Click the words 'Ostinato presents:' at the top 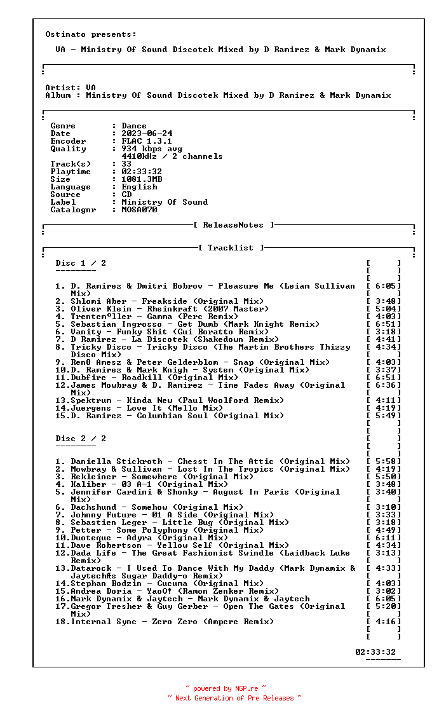(91, 34)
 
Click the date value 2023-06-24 (147, 133)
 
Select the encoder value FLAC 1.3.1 (147, 141)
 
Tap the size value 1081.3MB (142, 179)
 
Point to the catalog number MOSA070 (139, 210)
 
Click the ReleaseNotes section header (233, 225)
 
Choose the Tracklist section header (231, 248)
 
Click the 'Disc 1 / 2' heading (81, 263)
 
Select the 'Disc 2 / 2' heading (81, 439)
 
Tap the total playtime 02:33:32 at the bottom (375, 652)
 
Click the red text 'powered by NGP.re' (226, 688)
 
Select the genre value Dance (134, 126)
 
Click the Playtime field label (71, 172)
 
